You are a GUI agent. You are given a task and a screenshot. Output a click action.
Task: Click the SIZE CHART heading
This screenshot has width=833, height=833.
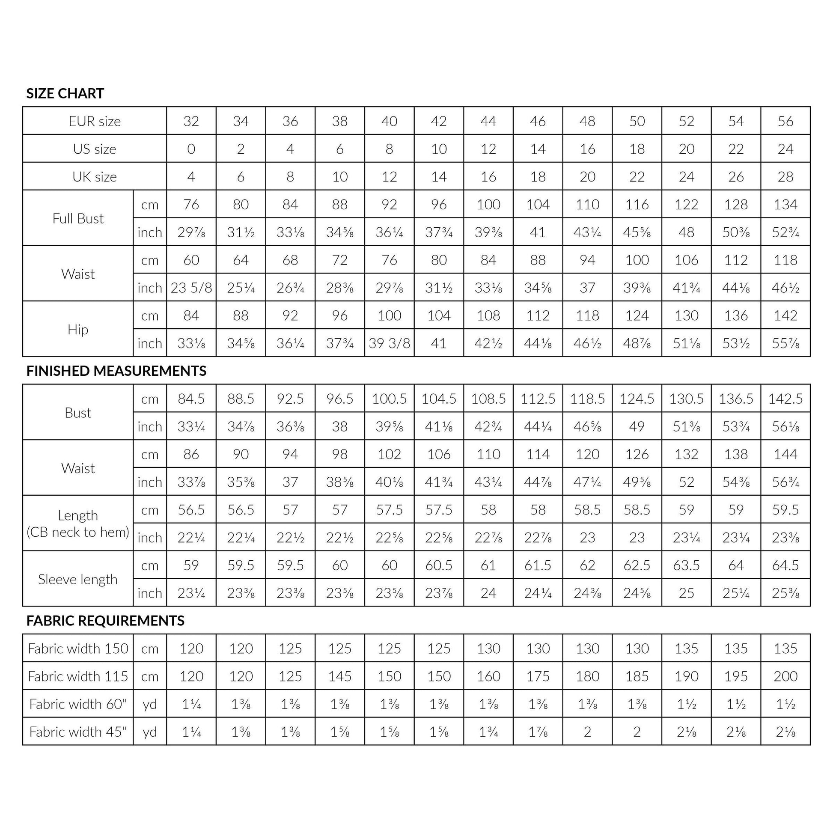tap(65, 93)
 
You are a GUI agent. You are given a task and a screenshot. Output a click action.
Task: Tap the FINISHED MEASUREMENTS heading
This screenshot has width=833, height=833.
tap(116, 371)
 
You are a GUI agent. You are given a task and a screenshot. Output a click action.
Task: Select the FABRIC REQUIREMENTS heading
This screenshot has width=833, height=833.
tap(105, 620)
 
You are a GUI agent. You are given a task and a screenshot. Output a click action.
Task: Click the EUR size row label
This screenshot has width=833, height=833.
tap(95, 121)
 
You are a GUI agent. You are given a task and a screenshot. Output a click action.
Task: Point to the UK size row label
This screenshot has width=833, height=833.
tap(95, 177)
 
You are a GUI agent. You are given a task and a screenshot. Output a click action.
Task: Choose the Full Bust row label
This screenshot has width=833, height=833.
tap(78, 218)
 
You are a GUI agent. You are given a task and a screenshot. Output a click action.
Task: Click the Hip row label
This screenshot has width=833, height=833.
tap(78, 330)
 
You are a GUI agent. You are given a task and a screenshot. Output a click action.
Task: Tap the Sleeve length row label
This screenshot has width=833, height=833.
tap(78, 579)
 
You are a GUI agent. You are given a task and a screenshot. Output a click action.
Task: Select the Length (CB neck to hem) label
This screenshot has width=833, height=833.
tap(78, 524)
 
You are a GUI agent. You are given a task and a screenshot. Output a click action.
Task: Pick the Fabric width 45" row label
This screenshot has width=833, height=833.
tap(78, 732)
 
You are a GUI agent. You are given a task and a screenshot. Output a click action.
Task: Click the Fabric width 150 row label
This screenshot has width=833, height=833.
tap(78, 649)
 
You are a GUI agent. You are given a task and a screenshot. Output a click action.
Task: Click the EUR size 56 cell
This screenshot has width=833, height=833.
tap(785, 121)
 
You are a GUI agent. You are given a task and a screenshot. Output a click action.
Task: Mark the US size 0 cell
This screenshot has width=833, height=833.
tap(191, 149)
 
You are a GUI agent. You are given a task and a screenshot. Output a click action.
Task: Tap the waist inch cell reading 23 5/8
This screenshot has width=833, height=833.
tap(191, 288)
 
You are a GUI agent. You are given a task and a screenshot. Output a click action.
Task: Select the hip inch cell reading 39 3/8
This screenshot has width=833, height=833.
tap(390, 343)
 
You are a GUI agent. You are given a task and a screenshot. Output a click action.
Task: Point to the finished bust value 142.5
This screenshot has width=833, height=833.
tap(785, 399)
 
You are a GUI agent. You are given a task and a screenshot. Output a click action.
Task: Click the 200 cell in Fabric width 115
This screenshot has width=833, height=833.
tap(785, 676)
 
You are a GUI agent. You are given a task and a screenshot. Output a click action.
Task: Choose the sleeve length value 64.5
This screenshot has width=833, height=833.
tap(785, 565)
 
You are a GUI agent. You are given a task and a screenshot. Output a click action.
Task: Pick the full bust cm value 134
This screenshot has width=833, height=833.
tap(785, 204)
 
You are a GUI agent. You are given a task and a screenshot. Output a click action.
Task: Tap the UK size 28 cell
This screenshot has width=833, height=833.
tap(785, 177)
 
